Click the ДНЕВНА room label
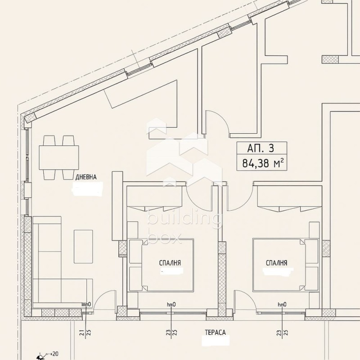point(85,177)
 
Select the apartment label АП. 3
point(260,148)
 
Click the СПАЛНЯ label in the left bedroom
point(170,263)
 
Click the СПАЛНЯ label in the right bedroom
point(276,263)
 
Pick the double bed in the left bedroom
point(162,265)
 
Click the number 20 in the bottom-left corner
point(55,354)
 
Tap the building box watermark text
point(184,227)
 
